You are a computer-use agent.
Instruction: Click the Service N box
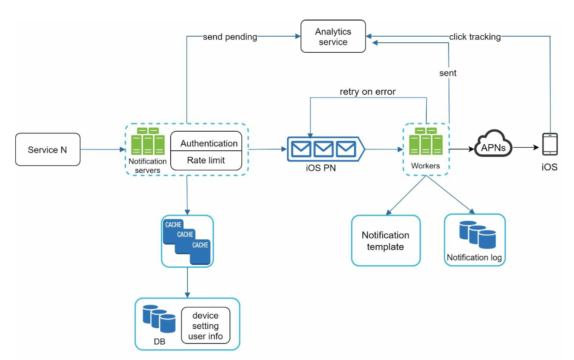point(48,149)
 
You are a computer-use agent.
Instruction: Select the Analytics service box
point(333,37)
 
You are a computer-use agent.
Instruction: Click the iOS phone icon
point(550,144)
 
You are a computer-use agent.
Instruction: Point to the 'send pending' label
point(230,37)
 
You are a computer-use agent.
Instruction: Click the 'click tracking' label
point(475,37)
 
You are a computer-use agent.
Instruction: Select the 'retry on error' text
point(368,92)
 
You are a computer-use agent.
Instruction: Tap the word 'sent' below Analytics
point(448,73)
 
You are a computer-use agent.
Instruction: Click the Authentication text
point(209,143)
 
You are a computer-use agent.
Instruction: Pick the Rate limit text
point(206,160)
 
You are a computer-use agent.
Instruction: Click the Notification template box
point(386,241)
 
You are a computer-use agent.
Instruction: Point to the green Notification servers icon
point(148,142)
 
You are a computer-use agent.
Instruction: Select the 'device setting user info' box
point(205,326)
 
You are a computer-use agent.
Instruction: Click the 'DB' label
point(159,341)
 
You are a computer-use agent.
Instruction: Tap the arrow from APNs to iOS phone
point(526,148)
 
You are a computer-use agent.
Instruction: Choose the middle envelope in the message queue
point(323,149)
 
